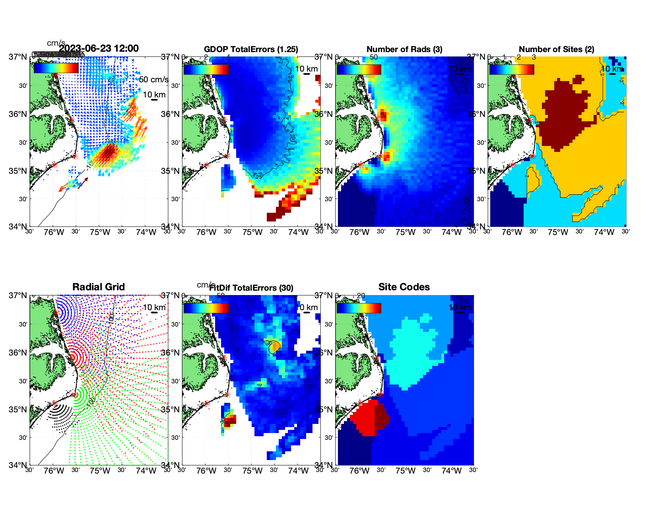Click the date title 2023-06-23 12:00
pyautogui.click(x=99, y=49)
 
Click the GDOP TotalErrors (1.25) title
pyautogui.click(x=251, y=49)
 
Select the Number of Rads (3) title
pyautogui.click(x=404, y=49)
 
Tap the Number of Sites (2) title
pyautogui.click(x=556, y=49)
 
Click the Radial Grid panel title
pyautogui.click(x=99, y=287)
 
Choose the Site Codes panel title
pyautogui.click(x=404, y=287)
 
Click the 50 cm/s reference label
pyautogui.click(x=153, y=80)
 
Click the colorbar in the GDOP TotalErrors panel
pyautogui.click(x=206, y=69)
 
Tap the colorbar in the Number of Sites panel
pyautogui.click(x=512, y=69)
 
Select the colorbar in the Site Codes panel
pyautogui.click(x=359, y=308)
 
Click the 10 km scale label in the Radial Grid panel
pyautogui.click(x=154, y=307)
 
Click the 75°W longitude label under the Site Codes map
pyautogui.click(x=406, y=471)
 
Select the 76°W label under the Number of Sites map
pyautogui.click(x=512, y=232)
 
